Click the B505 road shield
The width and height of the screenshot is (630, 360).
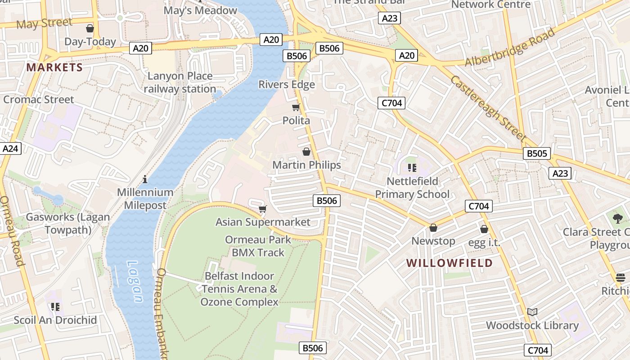tap(537, 153)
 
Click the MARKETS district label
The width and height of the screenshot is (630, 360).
tap(54, 67)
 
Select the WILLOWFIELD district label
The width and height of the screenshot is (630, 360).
tap(450, 263)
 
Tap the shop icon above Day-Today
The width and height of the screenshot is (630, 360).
tap(90, 28)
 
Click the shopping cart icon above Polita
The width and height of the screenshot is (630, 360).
tap(296, 108)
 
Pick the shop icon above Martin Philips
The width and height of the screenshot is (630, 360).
tap(306, 152)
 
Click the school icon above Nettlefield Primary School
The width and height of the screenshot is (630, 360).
tap(412, 168)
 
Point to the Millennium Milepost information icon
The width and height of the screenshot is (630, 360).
tap(145, 179)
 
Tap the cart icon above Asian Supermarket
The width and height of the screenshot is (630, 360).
tap(263, 209)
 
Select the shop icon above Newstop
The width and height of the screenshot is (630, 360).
tap(433, 228)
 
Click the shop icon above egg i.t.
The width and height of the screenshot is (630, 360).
tap(484, 229)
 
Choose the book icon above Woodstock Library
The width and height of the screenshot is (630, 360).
tap(532, 312)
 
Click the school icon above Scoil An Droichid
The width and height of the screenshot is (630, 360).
tap(55, 307)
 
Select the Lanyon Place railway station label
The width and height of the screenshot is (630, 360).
tap(180, 82)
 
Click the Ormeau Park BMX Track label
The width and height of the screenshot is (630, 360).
tap(258, 246)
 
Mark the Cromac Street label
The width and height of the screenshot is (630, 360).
tap(39, 99)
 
